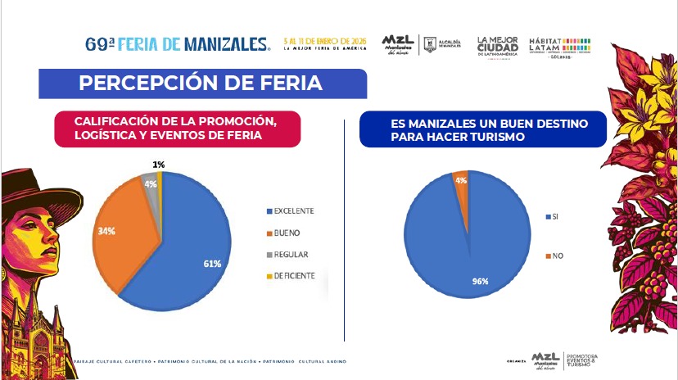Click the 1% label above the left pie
158,165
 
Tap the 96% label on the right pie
481,281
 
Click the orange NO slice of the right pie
462,184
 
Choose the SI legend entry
554,216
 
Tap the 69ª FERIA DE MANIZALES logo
178,43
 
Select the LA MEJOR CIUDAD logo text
497,44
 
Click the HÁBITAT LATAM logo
559,44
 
